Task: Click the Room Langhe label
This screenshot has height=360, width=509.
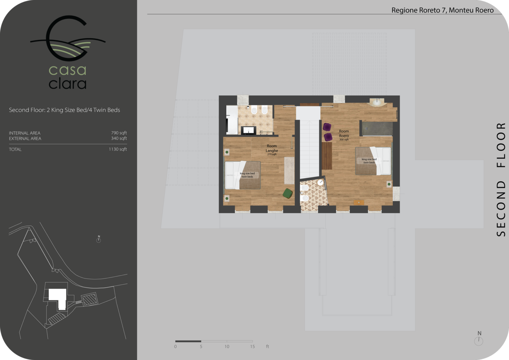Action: click(x=272, y=148)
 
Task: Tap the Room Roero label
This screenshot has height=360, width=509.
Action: click(x=344, y=133)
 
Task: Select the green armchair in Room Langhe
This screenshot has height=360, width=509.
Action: click(x=288, y=193)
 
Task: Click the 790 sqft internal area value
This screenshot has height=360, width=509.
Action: click(x=119, y=133)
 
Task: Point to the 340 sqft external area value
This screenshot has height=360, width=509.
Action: click(x=119, y=138)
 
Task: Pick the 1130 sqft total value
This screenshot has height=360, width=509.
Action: click(x=118, y=149)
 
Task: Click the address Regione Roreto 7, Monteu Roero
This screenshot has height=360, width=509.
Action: click(x=442, y=10)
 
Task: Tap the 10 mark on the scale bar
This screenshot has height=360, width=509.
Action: click(x=227, y=347)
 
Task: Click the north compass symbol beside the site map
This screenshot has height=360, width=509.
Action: click(x=98, y=239)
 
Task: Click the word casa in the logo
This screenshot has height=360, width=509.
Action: click(x=68, y=71)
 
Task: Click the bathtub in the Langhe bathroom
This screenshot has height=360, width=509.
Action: click(x=232, y=120)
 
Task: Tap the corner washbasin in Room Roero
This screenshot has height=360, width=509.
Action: click(x=377, y=102)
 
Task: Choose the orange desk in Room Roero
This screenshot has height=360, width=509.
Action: click(x=359, y=202)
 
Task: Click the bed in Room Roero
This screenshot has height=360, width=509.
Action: click(x=373, y=161)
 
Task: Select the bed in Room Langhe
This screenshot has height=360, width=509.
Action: click(x=243, y=175)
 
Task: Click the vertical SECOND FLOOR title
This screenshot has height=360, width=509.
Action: click(x=501, y=180)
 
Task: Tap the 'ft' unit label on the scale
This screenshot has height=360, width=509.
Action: click(x=267, y=346)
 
